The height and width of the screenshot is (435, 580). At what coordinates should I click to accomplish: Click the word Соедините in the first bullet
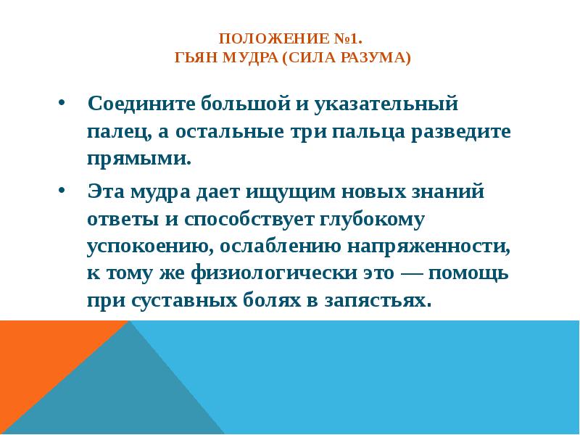pyautogui.click(x=141, y=105)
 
